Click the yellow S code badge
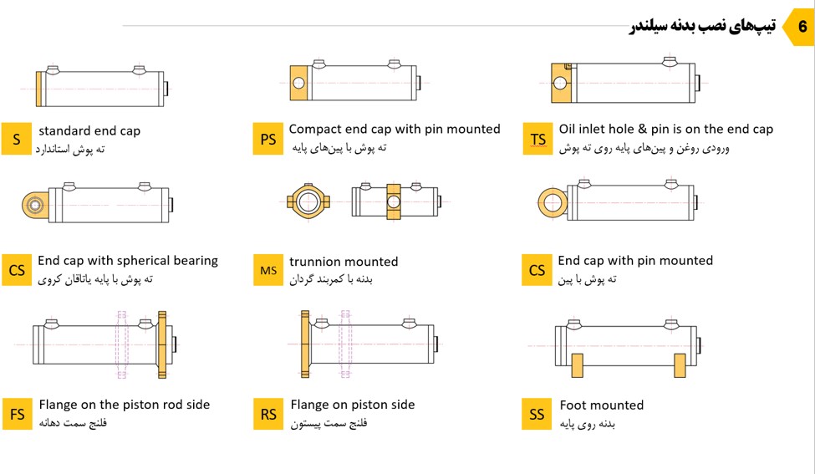pyautogui.click(x=17, y=139)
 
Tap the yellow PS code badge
pyautogui.click(x=268, y=139)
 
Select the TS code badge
pyautogui.click(x=537, y=139)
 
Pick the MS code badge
pyautogui.click(x=268, y=270)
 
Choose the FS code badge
pyautogui.click(x=18, y=415)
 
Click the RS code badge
pyautogui.click(x=268, y=415)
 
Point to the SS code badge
pyautogui.click(x=537, y=415)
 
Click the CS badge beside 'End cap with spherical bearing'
pyautogui.click(x=17, y=270)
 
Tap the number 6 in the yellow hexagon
pyautogui.click(x=802, y=26)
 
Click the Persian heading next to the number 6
pyautogui.click(x=702, y=26)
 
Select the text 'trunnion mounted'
pyautogui.click(x=344, y=262)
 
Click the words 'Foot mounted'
pyautogui.click(x=601, y=405)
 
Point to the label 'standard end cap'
pyautogui.click(x=89, y=131)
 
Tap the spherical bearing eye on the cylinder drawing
pyautogui.click(x=34, y=205)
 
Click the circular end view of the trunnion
pyautogui.click(x=308, y=201)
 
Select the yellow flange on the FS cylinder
pyautogui.click(x=162, y=344)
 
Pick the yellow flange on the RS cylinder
pyautogui.click(x=305, y=344)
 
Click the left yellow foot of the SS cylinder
pyautogui.click(x=577, y=364)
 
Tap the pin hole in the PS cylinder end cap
pyautogui.click(x=298, y=83)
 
